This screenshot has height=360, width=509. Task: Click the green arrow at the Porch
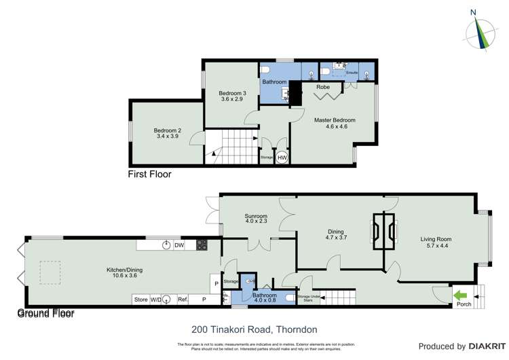[x=460, y=295]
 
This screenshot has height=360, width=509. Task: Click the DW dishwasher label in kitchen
[x=179, y=245]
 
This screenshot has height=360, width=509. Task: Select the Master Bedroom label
[x=334, y=124]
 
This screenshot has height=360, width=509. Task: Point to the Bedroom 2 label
[x=167, y=133]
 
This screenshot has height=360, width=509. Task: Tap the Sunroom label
[x=256, y=219]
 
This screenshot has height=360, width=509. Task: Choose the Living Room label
[x=435, y=242]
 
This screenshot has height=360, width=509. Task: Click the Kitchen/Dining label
[x=124, y=273]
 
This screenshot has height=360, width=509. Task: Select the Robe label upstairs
[x=323, y=87]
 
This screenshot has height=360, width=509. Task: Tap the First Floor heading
[x=149, y=175]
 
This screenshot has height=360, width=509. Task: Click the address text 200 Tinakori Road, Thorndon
[x=254, y=329]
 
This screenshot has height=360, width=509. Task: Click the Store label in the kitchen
[x=140, y=299]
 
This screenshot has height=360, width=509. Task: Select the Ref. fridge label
[x=183, y=299]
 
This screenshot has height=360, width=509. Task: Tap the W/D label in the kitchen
[x=157, y=299]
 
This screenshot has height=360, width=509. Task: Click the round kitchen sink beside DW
[x=165, y=245]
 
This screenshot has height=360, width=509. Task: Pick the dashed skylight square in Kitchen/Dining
[x=49, y=272]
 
